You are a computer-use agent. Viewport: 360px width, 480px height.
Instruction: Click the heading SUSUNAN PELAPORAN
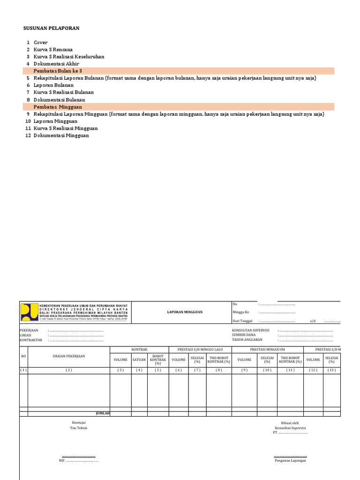coord(52,28)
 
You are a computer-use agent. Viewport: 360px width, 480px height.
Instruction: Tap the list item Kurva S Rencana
coord(53,50)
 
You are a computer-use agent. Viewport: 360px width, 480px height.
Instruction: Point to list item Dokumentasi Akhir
coord(56,64)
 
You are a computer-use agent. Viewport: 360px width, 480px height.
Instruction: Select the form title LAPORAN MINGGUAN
coord(185,312)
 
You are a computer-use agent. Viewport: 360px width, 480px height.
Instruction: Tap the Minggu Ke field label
coord(241,312)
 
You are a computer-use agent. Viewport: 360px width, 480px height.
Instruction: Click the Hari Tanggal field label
coord(242,321)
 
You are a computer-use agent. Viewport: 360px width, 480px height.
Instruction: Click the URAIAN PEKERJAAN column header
coord(69,356)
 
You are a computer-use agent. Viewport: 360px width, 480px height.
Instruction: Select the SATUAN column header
coord(139,360)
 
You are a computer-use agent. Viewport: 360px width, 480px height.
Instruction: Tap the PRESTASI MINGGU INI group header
coord(267,350)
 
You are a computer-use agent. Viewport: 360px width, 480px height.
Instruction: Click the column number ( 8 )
coord(218,370)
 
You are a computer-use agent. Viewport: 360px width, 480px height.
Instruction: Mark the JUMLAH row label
coord(102,413)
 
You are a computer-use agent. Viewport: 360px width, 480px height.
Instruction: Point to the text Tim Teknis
coord(79,428)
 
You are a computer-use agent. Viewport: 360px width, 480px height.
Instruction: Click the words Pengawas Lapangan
coord(290,461)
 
